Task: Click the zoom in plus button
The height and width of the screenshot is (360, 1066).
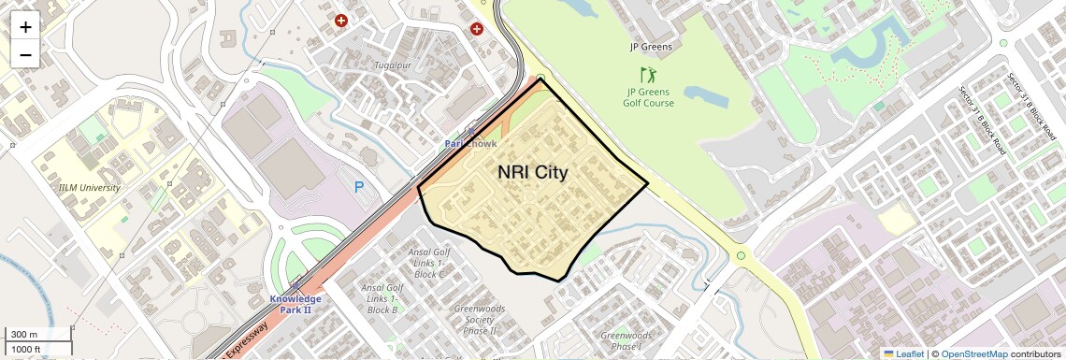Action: point(25,27)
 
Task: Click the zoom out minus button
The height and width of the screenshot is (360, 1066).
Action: point(25,54)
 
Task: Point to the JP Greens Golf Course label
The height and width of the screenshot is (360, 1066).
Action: point(650,97)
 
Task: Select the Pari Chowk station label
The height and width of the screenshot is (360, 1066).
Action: point(470,144)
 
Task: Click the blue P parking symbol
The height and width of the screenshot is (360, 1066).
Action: point(359,187)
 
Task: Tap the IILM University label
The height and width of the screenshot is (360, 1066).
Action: point(90,187)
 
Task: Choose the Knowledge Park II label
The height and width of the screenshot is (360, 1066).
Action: point(295,304)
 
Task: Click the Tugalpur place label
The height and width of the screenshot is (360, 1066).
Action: point(393,65)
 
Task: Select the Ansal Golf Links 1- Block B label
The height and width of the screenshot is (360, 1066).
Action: point(382,298)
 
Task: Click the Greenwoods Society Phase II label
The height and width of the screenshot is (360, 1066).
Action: point(480,319)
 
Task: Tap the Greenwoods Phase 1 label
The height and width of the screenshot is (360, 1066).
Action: point(627,341)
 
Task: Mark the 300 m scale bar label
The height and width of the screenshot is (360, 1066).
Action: point(24,335)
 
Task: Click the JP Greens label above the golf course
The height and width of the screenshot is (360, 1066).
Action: point(651,46)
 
